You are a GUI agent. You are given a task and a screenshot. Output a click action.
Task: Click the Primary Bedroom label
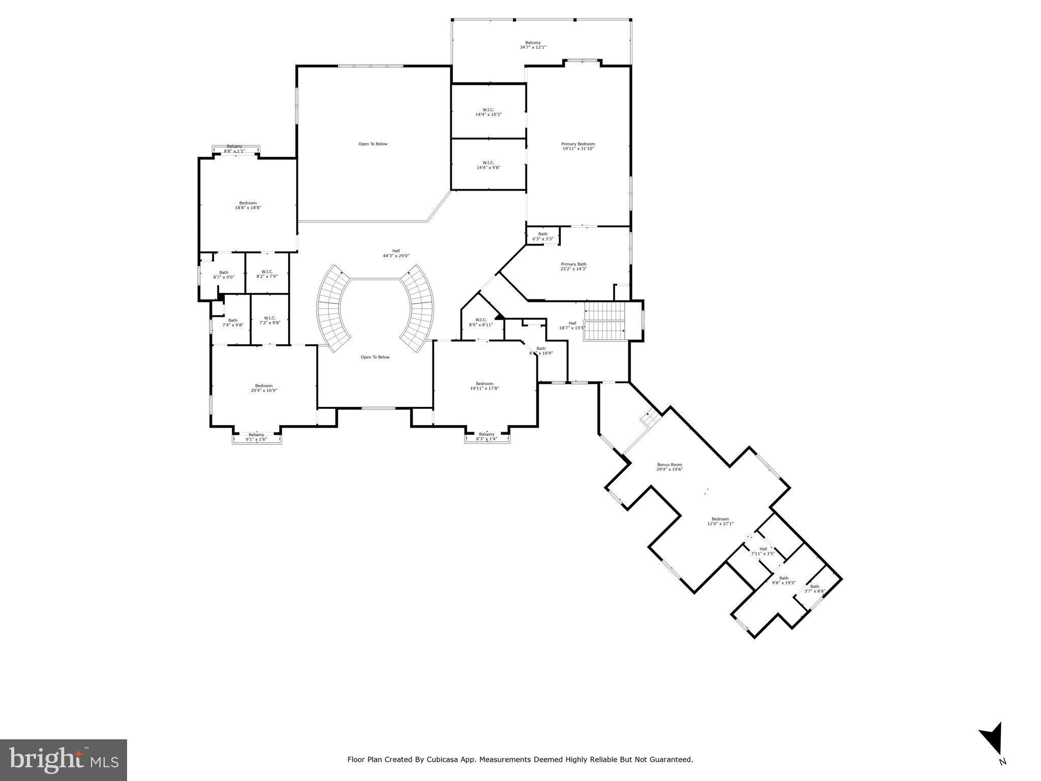click(x=578, y=146)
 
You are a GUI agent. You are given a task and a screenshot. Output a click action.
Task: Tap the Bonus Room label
click(x=669, y=467)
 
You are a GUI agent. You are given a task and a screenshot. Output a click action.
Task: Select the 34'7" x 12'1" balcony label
click(x=533, y=45)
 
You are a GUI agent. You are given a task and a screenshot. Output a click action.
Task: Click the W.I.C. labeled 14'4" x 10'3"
click(x=488, y=112)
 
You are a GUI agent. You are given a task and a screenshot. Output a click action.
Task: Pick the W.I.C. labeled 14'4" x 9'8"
click(x=488, y=165)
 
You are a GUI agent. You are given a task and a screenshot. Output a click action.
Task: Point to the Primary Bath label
click(x=573, y=266)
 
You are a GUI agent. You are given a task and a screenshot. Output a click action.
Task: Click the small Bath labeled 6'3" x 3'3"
click(x=542, y=236)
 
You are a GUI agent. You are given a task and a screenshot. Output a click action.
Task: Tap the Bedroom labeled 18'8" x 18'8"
click(x=248, y=205)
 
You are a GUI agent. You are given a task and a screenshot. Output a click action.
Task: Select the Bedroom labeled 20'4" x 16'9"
click(x=263, y=388)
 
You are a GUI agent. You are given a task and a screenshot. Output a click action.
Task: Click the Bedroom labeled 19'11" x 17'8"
click(x=484, y=386)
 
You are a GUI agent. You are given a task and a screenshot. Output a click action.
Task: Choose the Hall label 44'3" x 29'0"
click(x=395, y=253)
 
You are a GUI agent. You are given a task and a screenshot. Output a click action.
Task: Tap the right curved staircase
click(x=420, y=310)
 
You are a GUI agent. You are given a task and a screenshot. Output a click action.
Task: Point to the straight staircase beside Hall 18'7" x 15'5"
click(x=604, y=321)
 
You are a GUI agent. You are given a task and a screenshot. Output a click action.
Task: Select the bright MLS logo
click(x=64, y=760)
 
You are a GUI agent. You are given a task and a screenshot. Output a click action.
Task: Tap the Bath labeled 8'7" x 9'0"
click(x=224, y=275)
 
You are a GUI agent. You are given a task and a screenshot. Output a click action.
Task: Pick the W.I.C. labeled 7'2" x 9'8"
click(x=269, y=320)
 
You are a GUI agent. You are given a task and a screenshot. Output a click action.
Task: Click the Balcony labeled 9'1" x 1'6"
click(x=256, y=437)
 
